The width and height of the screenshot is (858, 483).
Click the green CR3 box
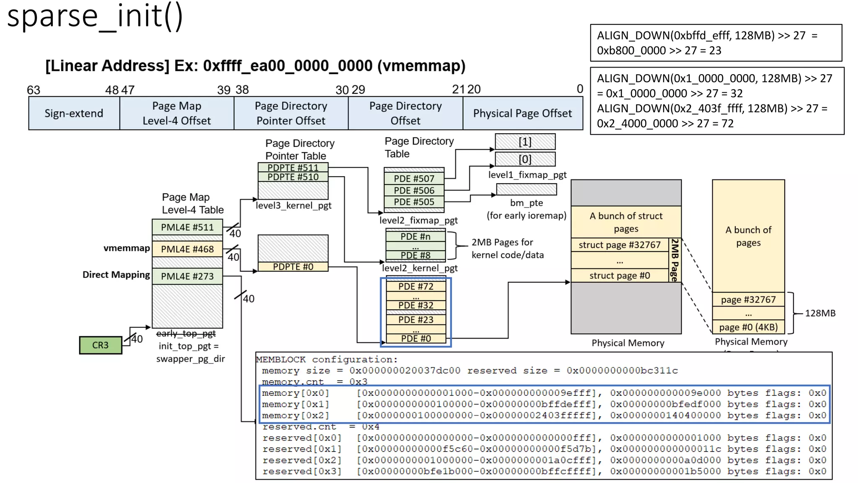(101, 345)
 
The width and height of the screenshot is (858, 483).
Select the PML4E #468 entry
(187, 249)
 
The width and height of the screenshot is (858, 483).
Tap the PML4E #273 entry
(187, 276)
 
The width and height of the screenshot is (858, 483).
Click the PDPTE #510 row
(293, 177)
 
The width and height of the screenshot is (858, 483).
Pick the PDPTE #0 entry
(293, 267)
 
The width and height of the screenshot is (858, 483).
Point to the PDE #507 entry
(414, 179)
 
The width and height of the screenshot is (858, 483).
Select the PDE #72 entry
(416, 286)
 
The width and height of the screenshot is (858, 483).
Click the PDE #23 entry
(416, 319)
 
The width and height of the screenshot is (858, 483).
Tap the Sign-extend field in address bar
(74, 113)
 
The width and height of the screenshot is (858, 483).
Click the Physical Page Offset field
(522, 113)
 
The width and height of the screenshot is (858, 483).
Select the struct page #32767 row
(619, 245)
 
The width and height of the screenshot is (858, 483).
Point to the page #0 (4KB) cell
(748, 327)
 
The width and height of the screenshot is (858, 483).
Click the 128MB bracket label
(820, 313)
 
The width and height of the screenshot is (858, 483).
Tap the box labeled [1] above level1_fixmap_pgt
(525, 142)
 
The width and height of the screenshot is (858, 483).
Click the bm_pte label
(526, 203)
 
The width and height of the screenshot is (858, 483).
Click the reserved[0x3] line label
(302, 471)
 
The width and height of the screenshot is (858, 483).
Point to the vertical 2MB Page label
(674, 260)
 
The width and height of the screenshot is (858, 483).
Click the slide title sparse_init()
(95, 16)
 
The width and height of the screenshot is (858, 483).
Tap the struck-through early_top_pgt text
(186, 333)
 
